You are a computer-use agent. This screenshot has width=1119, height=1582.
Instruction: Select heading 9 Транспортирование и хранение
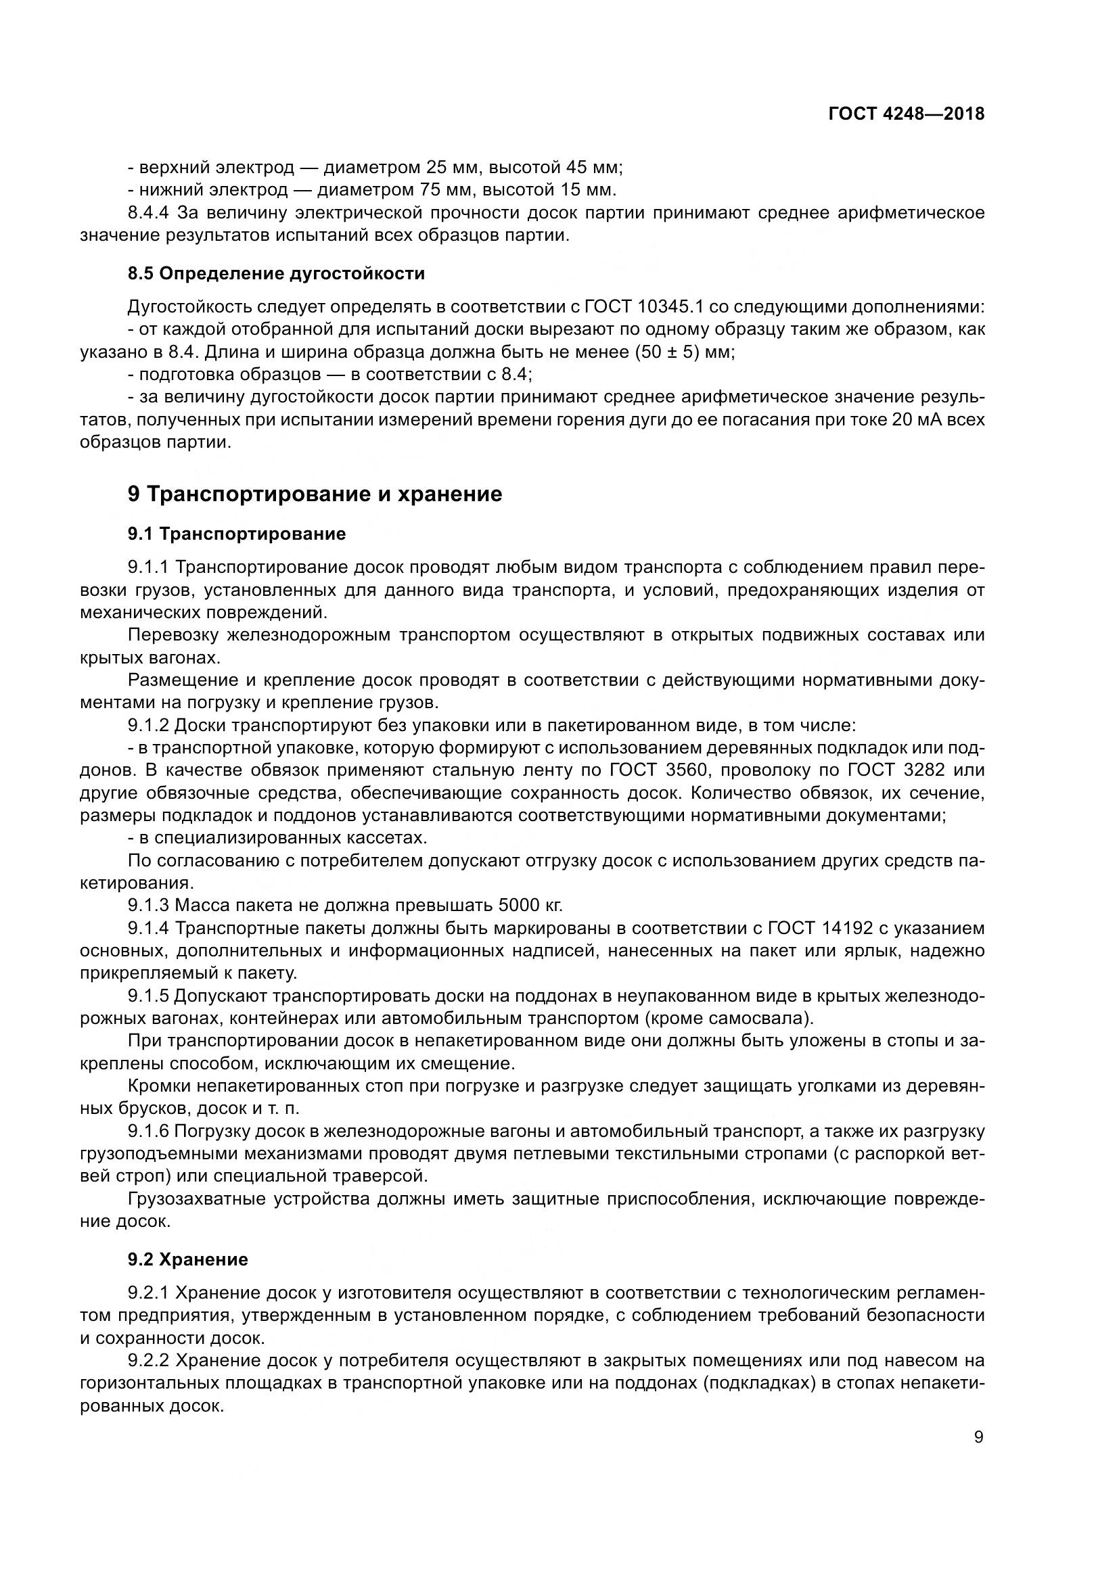click(315, 494)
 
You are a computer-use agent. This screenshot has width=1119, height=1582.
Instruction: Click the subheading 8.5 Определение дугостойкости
click(275, 273)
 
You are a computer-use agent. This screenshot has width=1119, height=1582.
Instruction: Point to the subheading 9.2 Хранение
click(187, 1259)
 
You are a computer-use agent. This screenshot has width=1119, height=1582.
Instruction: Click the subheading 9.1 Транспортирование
click(236, 534)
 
